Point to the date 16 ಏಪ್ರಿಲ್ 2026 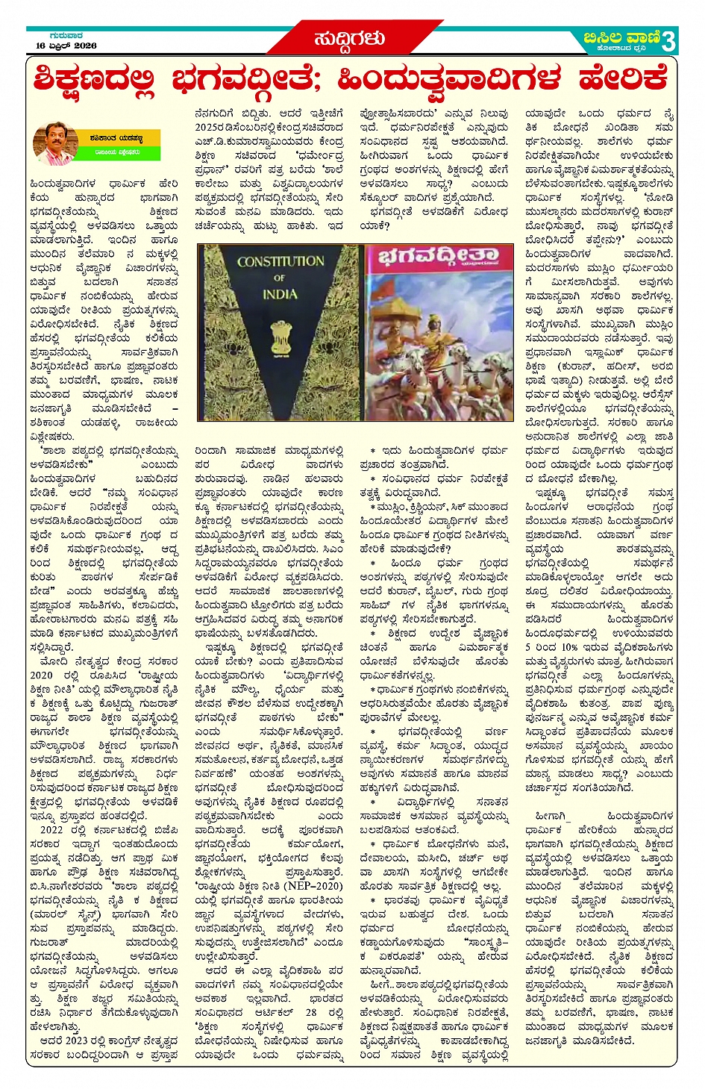66,46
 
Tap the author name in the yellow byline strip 117,138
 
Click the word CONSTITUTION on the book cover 281,262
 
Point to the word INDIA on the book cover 280,294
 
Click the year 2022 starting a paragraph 51,829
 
